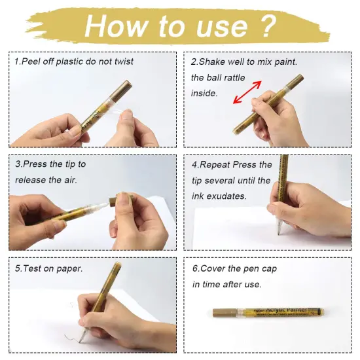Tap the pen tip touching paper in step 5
(x=82, y=340)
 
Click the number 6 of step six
(x=194, y=268)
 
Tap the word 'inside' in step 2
(x=204, y=94)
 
